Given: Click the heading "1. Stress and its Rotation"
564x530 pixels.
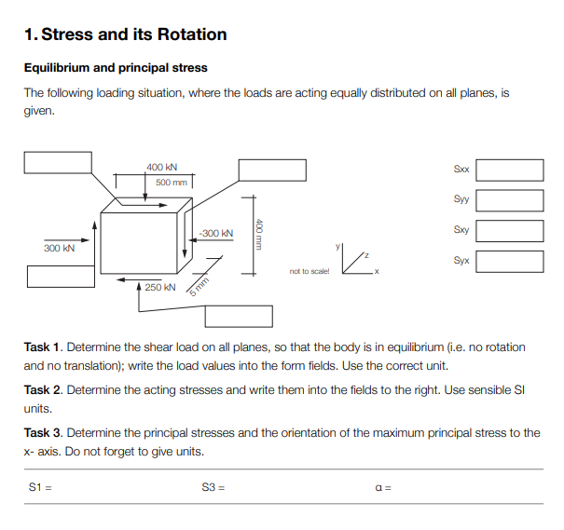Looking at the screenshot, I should pyautogui.click(x=125, y=35).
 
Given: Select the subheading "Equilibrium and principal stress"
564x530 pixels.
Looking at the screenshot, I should pyautogui.click(x=116, y=68).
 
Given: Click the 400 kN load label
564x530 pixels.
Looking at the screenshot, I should pyautogui.click(x=162, y=167).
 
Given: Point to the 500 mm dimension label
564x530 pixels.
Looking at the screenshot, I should pyautogui.click(x=171, y=183).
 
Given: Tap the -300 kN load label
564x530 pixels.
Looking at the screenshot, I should pyautogui.click(x=215, y=232).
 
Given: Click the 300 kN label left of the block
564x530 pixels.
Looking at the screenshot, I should pyautogui.click(x=59, y=249).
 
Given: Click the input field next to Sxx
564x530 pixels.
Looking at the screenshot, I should pyautogui.click(x=510, y=170).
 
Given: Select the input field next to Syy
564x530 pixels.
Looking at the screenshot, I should pyautogui.click(x=510, y=199).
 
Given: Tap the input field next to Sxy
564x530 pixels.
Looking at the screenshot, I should pyautogui.click(x=510, y=230).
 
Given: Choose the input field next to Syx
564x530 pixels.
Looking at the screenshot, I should pyautogui.click(x=510, y=261).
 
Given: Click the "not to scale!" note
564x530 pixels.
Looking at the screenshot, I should pyautogui.click(x=310, y=272).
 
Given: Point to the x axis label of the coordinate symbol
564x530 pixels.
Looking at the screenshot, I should pyautogui.click(x=376, y=272).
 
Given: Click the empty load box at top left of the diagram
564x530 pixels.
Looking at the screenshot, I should pyautogui.click(x=58, y=161).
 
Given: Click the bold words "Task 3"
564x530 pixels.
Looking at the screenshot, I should pyautogui.click(x=43, y=433).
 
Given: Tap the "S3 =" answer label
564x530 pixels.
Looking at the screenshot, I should pyautogui.click(x=213, y=487).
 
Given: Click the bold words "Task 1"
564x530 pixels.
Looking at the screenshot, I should pyautogui.click(x=43, y=347).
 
